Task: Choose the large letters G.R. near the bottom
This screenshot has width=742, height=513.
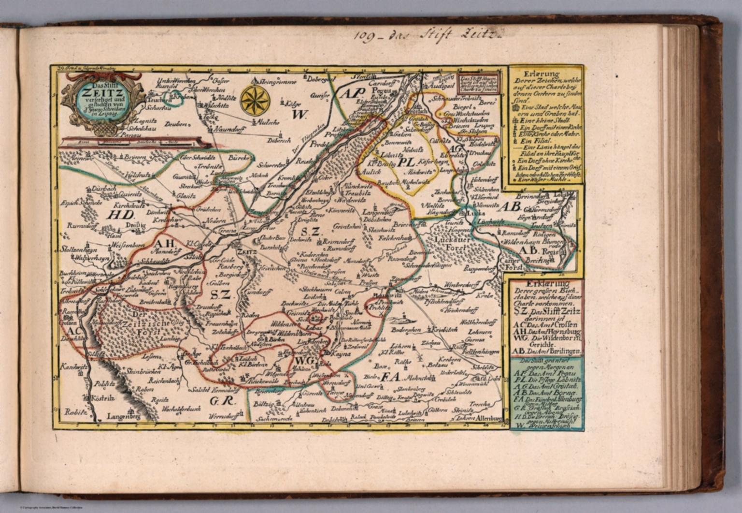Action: pos(222,401)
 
